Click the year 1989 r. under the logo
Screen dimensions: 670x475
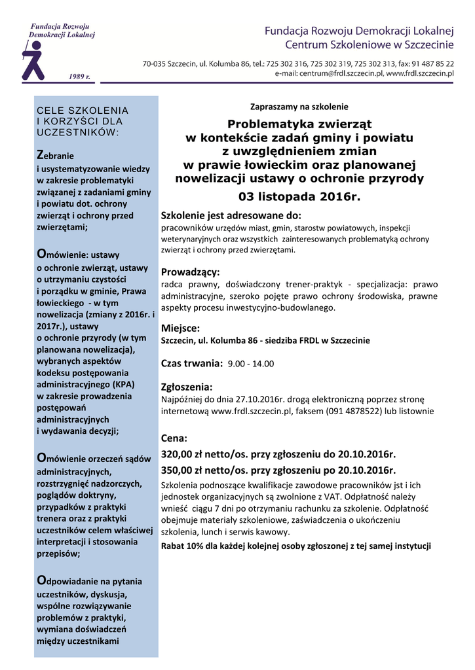point(80,77)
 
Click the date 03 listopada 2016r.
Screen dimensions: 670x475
point(299,196)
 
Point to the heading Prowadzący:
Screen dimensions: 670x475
point(191,272)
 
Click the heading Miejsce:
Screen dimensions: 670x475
point(180,328)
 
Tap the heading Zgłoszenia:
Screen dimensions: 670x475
point(187,386)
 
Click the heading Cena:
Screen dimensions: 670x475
point(174,438)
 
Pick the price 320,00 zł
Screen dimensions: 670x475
point(185,454)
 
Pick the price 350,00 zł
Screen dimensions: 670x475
point(185,470)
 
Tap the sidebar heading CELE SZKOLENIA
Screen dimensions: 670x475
point(83,111)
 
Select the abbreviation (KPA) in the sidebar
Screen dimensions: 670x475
point(118,384)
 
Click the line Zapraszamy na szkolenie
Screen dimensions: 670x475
point(299,107)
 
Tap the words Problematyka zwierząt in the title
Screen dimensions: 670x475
point(299,124)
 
